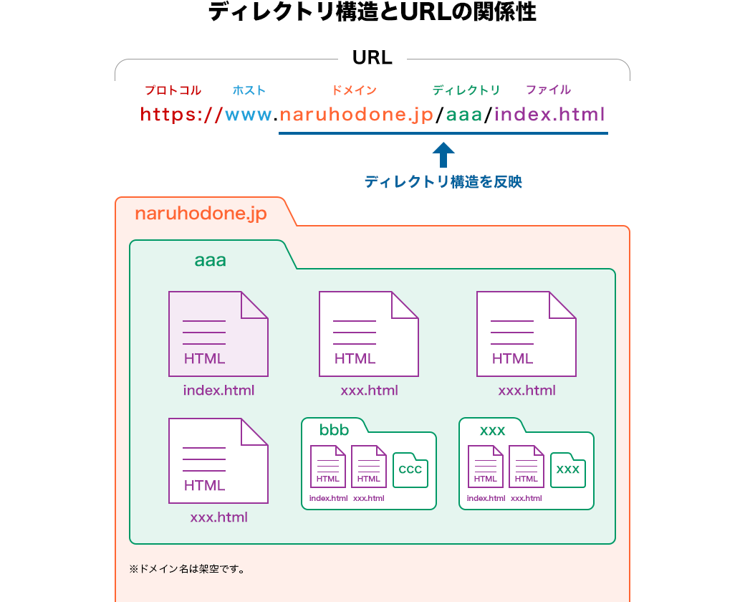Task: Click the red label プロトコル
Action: coord(173,90)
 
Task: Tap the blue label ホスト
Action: coord(249,90)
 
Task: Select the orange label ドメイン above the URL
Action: coord(354,90)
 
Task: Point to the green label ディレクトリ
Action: coord(466,90)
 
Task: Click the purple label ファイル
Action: coord(548,90)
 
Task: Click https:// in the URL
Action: coord(182,115)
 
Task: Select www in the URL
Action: coord(249,115)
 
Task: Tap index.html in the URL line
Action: coord(549,115)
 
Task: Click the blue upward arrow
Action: coord(443,155)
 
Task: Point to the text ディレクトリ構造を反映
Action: coord(443,182)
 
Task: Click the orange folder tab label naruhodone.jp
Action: coord(201,214)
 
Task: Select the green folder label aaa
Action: coord(210,261)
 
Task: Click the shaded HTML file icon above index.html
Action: coord(218,333)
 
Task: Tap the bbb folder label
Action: coord(334,430)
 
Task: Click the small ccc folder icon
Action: coord(410,470)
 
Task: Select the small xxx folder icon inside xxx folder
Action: coord(567,470)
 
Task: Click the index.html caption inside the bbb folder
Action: coord(328,499)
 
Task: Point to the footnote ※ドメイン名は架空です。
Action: coord(188,570)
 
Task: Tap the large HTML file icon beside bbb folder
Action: coord(218,460)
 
